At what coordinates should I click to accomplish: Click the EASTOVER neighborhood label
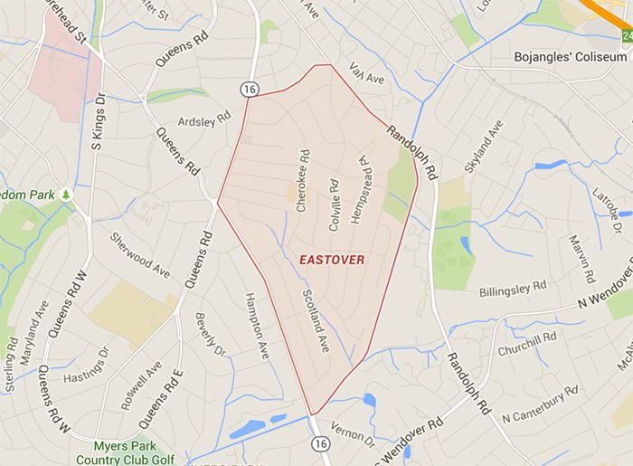332,260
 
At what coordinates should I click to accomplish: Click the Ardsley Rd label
204,122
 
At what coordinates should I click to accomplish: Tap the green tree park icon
66,195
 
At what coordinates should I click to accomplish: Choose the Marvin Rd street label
580,258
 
